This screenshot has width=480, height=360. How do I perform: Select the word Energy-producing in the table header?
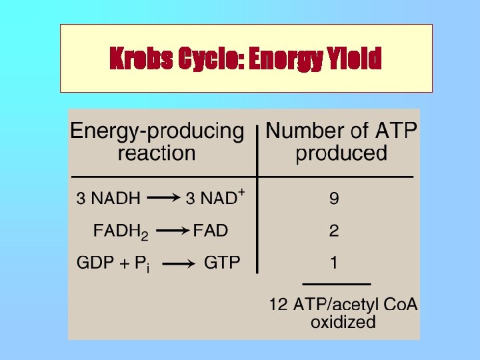(157, 131)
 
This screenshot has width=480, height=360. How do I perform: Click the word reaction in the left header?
(157, 154)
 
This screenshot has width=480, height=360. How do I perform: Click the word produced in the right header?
(341, 154)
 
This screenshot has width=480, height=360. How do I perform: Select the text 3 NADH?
(108, 199)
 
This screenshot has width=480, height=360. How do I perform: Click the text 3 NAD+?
(215, 198)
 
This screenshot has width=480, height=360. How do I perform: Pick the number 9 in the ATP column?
(334, 199)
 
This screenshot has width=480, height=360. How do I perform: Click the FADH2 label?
(121, 232)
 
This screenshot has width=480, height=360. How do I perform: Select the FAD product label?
(211, 231)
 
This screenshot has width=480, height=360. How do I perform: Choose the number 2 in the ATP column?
(334, 231)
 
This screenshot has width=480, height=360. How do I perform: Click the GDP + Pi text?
(113, 263)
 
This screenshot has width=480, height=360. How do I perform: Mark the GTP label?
(222, 263)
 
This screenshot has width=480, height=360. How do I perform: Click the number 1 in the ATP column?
(334, 263)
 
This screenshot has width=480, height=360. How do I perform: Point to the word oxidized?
(343, 323)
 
